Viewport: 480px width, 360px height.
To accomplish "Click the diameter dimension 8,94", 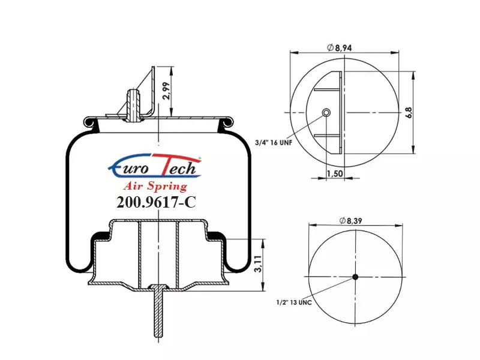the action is (x=340, y=47).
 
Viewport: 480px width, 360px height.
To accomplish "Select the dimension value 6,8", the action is (x=409, y=112).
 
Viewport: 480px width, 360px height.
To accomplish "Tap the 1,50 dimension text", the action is (x=335, y=173).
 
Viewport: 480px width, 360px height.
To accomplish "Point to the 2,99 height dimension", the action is (x=166, y=91).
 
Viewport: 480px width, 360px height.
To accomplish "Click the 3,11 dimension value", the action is (x=259, y=264).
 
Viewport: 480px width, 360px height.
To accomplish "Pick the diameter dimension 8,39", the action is (x=350, y=220).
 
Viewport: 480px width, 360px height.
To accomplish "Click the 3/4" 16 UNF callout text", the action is (x=274, y=142).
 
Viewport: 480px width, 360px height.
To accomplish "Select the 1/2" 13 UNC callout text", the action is (x=294, y=302).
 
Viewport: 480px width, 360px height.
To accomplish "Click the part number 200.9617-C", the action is (x=156, y=202).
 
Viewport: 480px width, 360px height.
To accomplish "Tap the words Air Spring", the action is (x=155, y=186).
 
